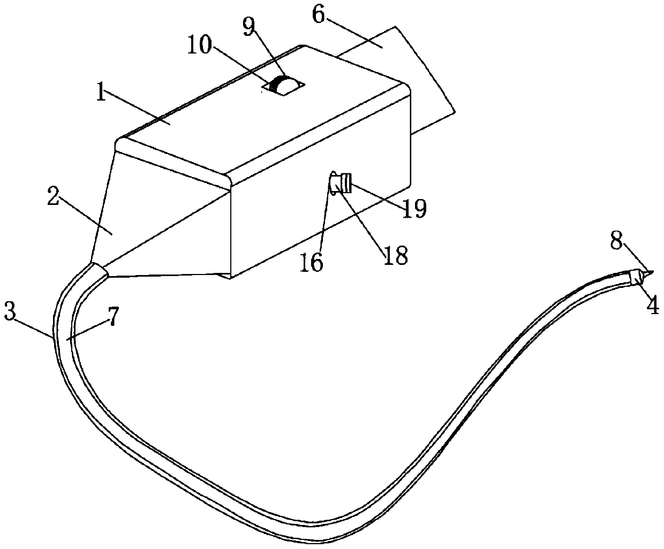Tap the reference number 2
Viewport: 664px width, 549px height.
pyautogui.click(x=52, y=197)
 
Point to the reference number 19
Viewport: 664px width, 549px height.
pyautogui.click(x=415, y=208)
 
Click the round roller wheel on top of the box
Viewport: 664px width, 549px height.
pyautogui.click(x=284, y=86)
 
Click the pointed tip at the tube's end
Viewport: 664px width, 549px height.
pyautogui.click(x=648, y=276)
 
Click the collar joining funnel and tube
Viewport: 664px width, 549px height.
pyautogui.click(x=100, y=271)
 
